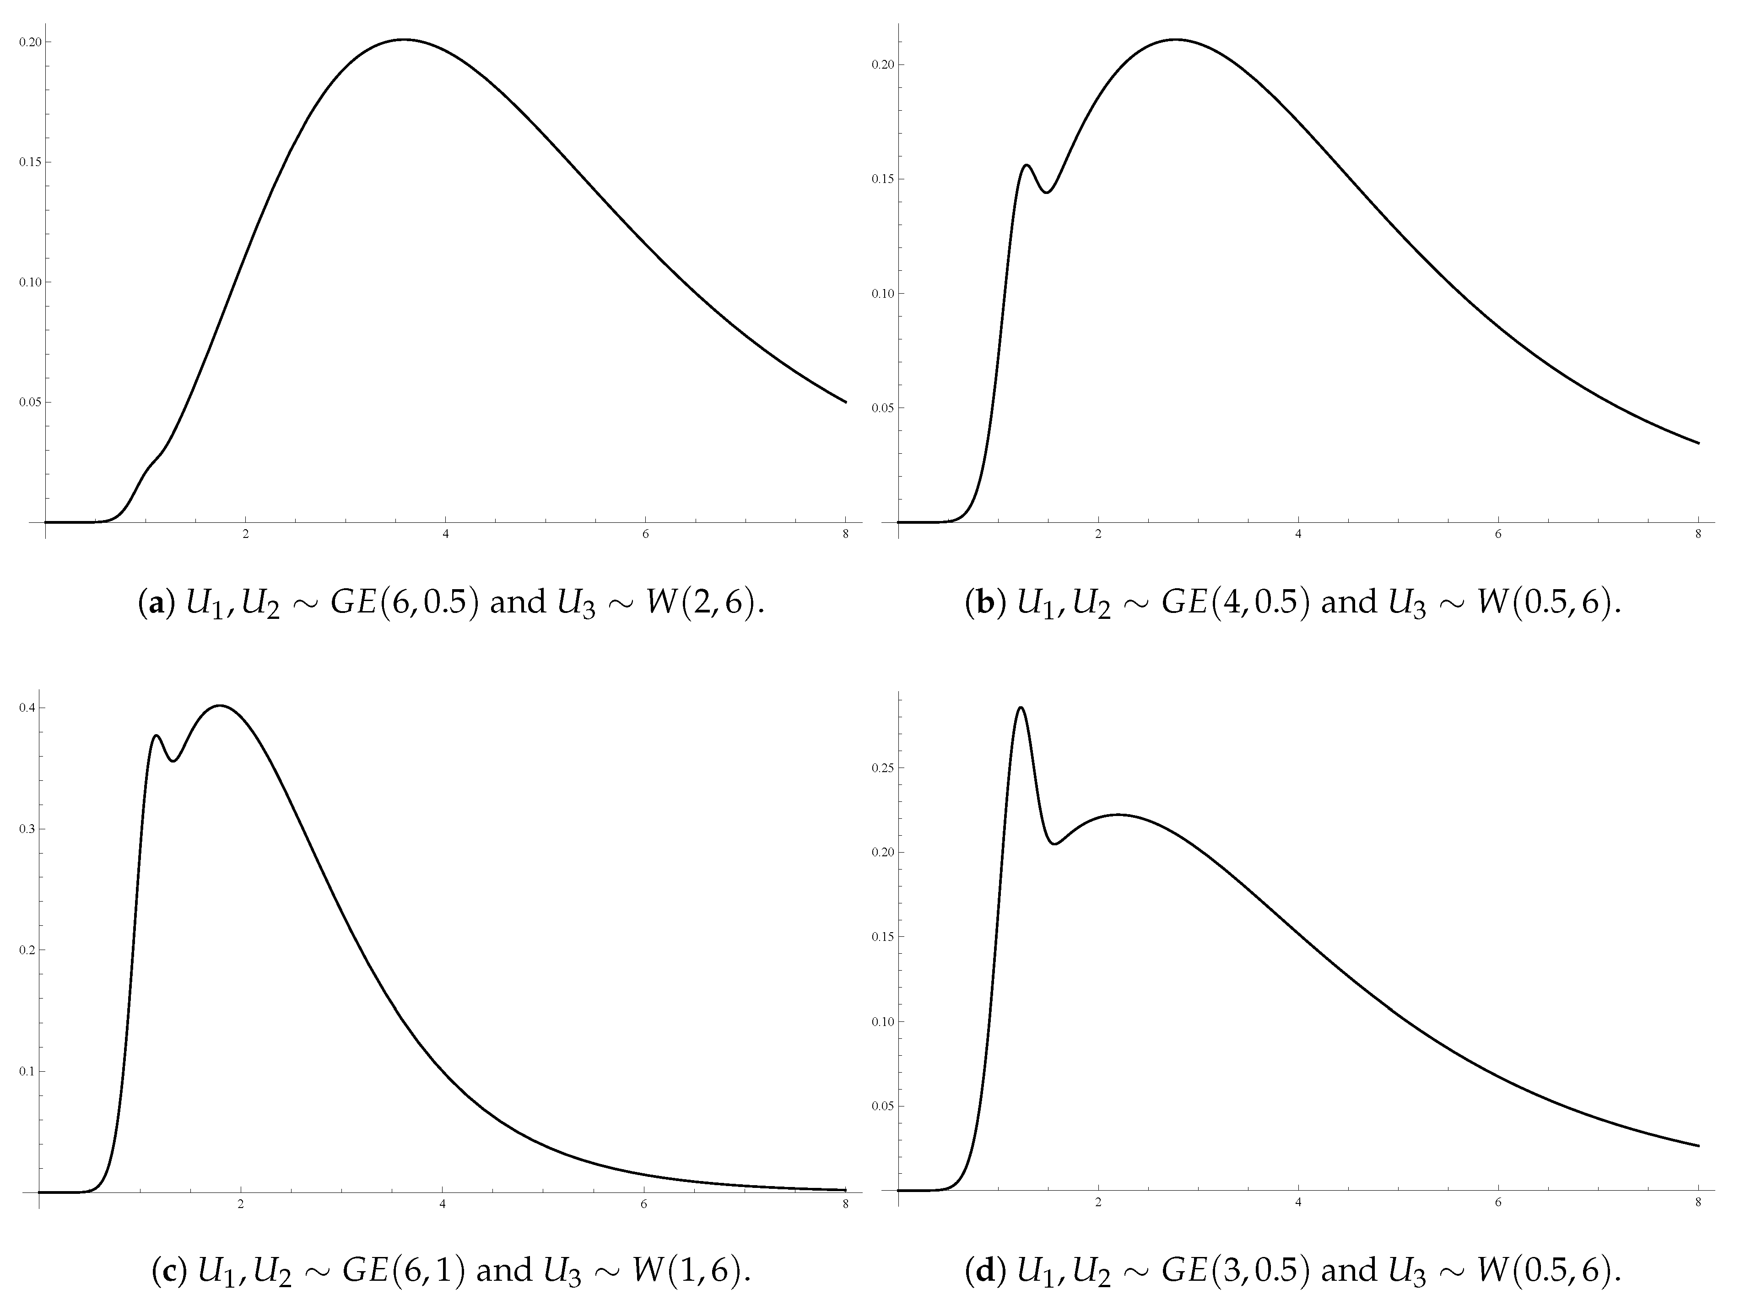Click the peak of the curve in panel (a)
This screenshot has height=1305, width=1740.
click(404, 39)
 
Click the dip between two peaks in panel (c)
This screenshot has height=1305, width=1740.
click(174, 760)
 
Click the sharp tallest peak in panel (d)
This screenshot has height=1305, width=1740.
click(1020, 708)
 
